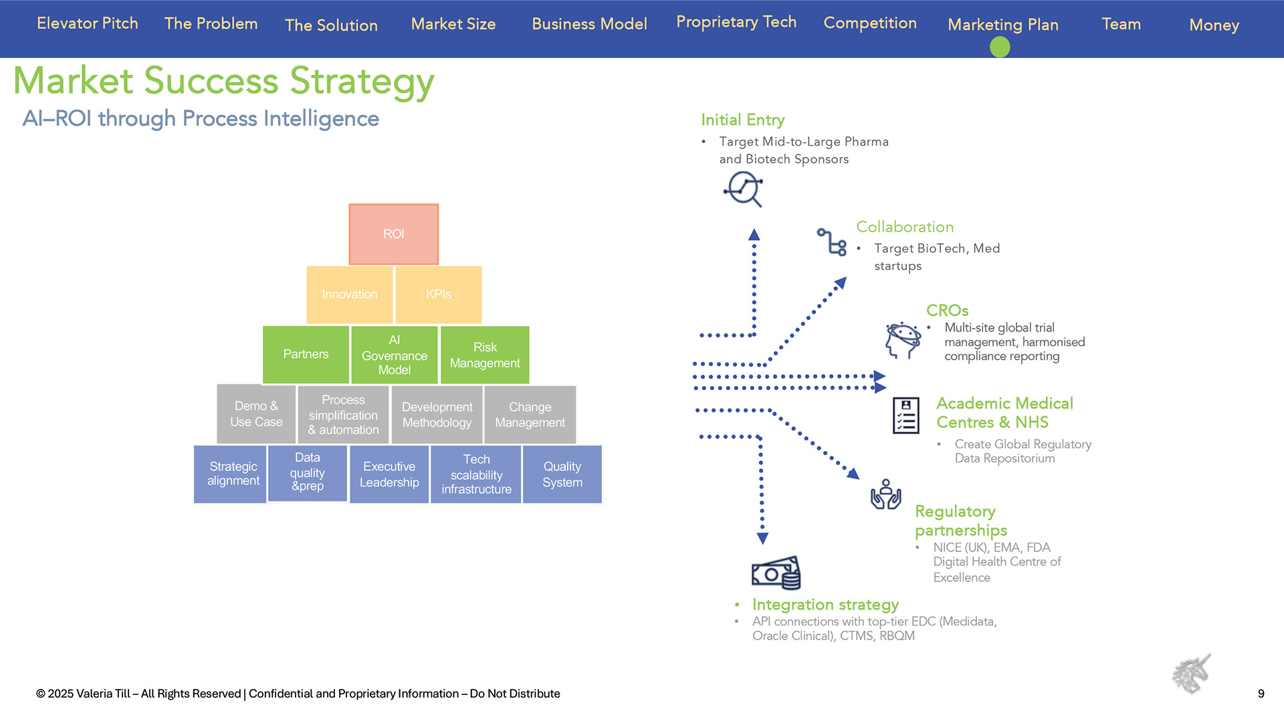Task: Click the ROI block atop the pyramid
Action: pos(393,234)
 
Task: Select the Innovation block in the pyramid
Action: pos(349,294)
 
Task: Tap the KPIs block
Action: pos(439,294)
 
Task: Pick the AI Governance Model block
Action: pos(395,355)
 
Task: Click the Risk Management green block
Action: pos(485,355)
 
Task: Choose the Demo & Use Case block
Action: pos(256,414)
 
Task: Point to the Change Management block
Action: pos(530,414)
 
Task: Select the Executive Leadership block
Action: pos(389,474)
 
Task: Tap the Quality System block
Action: pos(562,474)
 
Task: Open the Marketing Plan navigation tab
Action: pos(1002,25)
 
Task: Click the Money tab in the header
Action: pos(1214,25)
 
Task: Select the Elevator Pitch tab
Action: pos(88,23)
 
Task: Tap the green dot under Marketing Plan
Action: pos(1000,47)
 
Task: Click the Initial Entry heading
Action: pos(742,120)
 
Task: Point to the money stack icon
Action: pos(776,573)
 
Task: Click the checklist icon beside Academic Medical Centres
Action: pos(905,415)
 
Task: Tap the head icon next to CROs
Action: pos(903,339)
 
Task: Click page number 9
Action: pos(1261,694)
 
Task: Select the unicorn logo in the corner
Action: pos(1192,674)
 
